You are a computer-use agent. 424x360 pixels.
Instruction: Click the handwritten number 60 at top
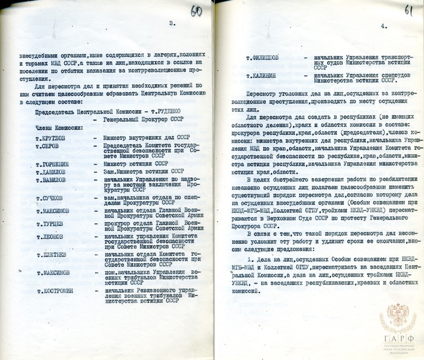(x=196, y=11)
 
